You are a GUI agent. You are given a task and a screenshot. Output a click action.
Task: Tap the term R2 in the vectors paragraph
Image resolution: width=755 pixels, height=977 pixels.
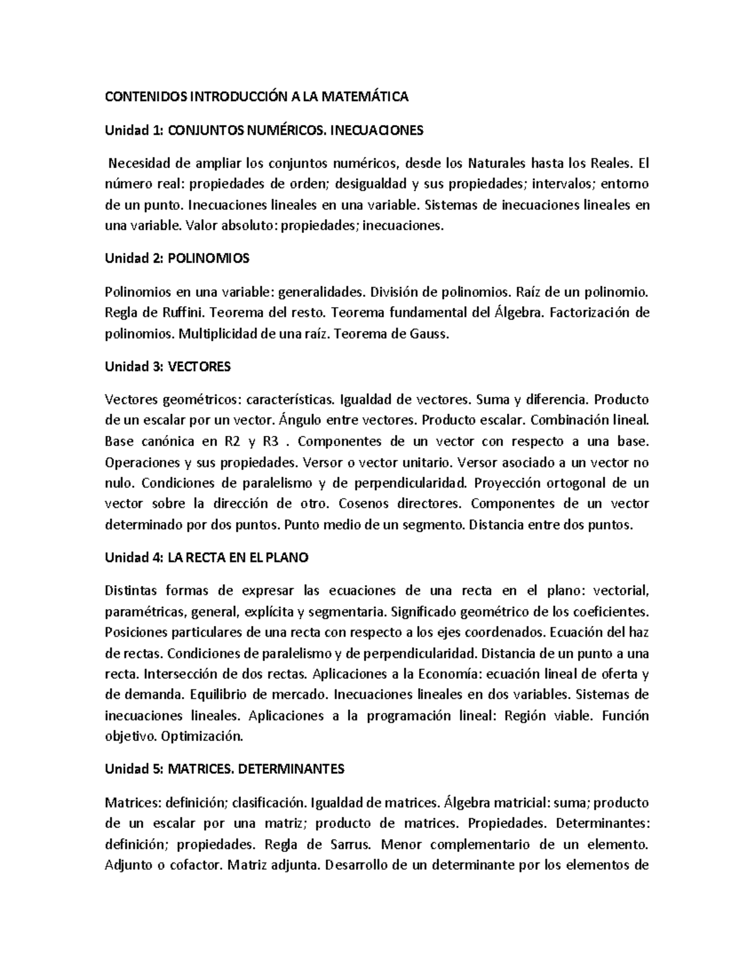click(x=232, y=442)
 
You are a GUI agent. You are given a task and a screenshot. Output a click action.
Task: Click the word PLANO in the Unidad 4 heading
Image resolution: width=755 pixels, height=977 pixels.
click(x=288, y=558)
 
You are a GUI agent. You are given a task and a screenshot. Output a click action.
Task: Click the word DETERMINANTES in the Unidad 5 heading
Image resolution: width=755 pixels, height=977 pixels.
click(x=293, y=769)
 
